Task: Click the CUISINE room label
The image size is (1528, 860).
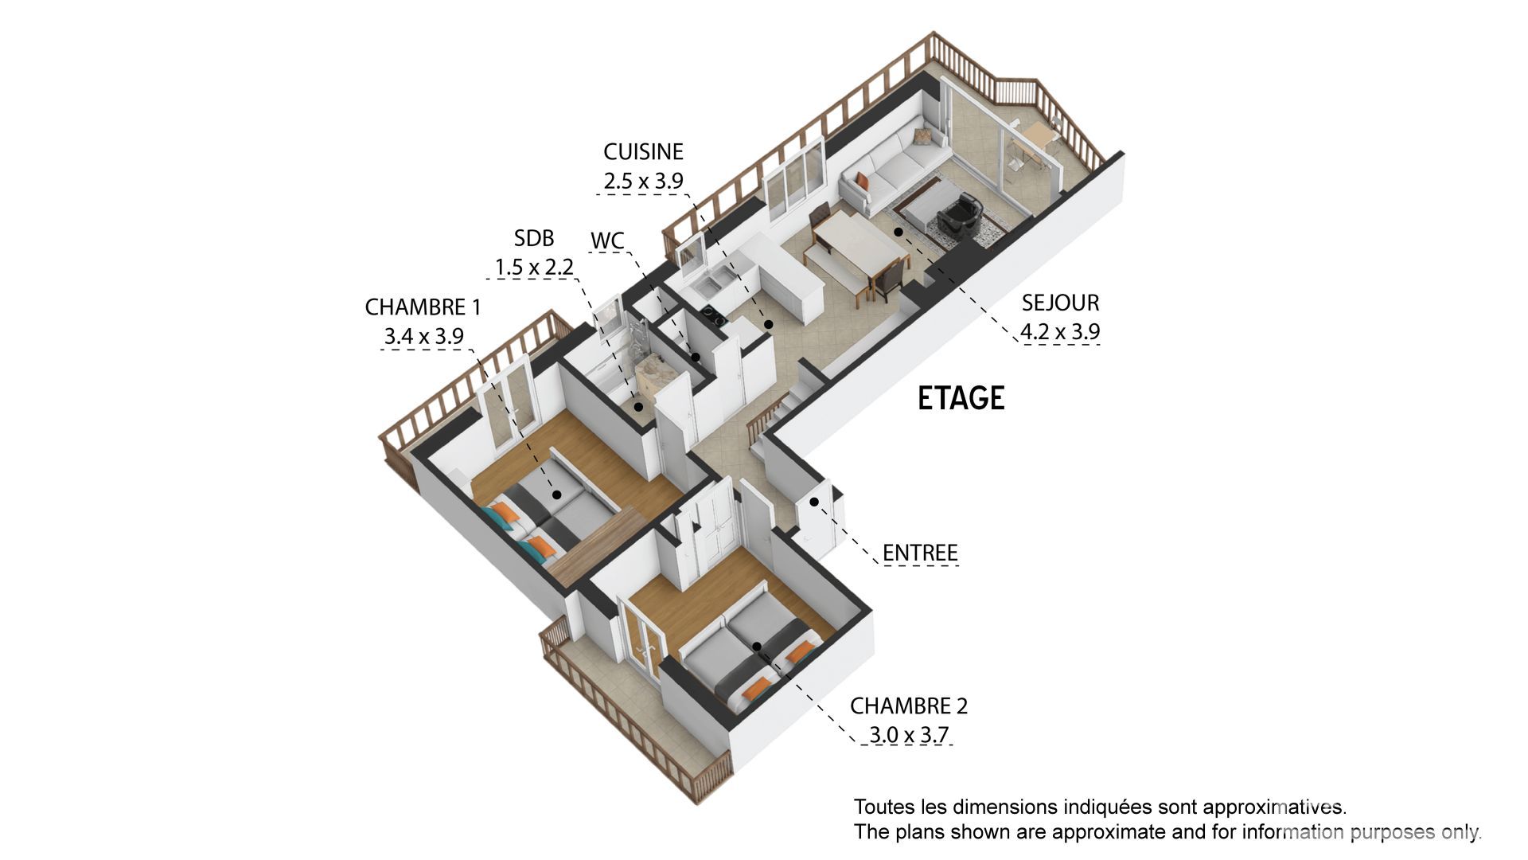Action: click(x=643, y=151)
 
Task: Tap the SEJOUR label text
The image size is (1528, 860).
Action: click(x=1060, y=303)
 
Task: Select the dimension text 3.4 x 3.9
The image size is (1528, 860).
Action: click(x=423, y=336)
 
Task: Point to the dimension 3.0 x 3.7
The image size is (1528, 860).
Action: click(x=909, y=734)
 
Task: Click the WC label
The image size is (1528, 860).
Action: click(x=607, y=240)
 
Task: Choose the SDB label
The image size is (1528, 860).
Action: click(x=533, y=238)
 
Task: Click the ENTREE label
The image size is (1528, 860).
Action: click(x=920, y=553)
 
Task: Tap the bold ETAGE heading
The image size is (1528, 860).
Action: click(x=961, y=398)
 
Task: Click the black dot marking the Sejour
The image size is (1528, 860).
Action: click(x=898, y=233)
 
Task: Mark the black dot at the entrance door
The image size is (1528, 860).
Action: click(x=814, y=502)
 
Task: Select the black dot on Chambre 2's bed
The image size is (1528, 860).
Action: click(x=757, y=647)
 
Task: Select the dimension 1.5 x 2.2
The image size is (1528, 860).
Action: click(x=534, y=268)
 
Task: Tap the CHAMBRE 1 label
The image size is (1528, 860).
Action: click(x=423, y=307)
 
